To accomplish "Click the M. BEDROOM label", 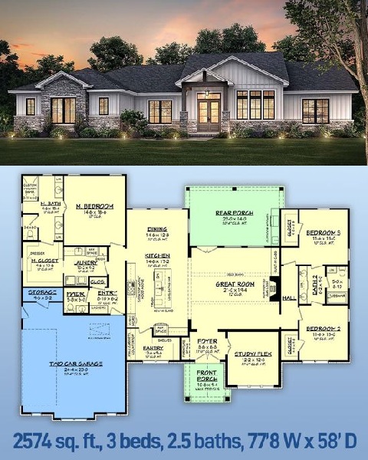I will [95, 206].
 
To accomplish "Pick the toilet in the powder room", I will [74, 308].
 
